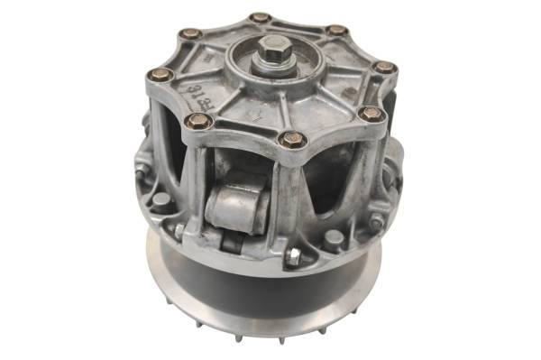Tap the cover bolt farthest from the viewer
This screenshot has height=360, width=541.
point(260,17)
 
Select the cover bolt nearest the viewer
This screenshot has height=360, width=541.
point(290,139)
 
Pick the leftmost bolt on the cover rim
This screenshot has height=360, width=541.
point(160,75)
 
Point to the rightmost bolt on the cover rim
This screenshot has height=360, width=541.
point(385,67)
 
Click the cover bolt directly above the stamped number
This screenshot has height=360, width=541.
point(189,33)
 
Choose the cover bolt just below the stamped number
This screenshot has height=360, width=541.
point(198,120)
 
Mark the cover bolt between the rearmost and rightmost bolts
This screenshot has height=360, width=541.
point(336,30)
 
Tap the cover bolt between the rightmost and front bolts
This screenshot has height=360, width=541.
point(371,114)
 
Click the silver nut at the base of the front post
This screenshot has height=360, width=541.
point(293,256)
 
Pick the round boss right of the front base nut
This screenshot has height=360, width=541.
point(334,239)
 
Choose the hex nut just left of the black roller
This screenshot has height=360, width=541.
point(179,230)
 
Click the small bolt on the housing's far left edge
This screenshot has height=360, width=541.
point(141,168)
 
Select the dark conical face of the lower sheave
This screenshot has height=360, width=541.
point(261,289)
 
